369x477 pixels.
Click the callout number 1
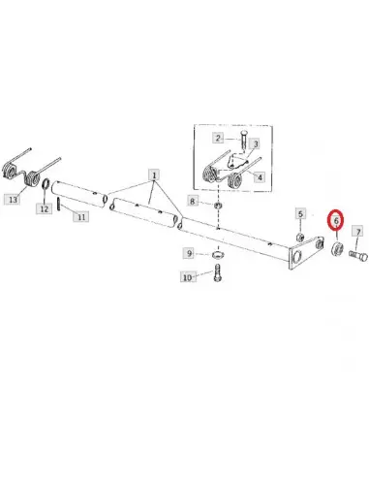[154, 175]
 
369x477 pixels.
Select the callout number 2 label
[218, 139]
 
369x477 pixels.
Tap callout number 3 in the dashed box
[256, 143]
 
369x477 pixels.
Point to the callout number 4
[260, 177]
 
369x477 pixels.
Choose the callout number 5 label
[300, 214]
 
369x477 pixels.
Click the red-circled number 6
[336, 220]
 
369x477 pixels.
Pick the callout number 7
[358, 232]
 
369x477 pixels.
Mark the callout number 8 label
[193, 202]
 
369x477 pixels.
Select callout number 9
[189, 253]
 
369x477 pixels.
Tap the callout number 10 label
[187, 277]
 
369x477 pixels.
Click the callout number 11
[81, 216]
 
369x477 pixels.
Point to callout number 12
[44, 208]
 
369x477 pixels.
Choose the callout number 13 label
[13, 200]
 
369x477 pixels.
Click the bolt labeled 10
[217, 272]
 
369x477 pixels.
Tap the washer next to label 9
[218, 255]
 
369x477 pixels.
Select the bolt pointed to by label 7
[358, 256]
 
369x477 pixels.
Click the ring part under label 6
[337, 248]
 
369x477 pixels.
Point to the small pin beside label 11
[59, 204]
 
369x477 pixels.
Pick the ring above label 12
[46, 184]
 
